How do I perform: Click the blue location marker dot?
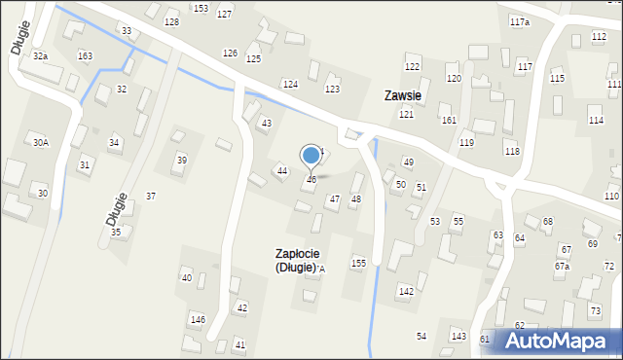click(311, 155)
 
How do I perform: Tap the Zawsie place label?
click(402, 95)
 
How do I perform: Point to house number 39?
click(181, 160)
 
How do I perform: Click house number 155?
click(358, 263)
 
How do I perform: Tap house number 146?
click(198, 319)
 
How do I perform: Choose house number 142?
click(406, 291)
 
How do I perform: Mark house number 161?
click(449, 120)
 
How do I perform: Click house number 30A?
click(40, 142)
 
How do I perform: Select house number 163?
click(86, 56)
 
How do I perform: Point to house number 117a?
click(520, 21)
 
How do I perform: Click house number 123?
click(332, 89)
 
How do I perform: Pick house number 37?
click(151, 196)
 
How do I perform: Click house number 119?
click(467, 143)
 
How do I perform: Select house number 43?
click(266, 123)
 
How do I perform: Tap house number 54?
click(421, 336)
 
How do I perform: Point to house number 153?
click(201, 8)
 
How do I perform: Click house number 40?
click(187, 278)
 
